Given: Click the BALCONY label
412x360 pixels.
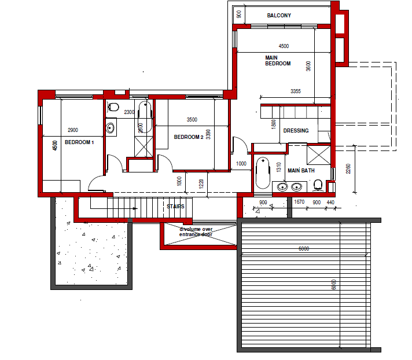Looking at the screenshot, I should [x=279, y=15].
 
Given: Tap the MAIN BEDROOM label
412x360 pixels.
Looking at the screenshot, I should [x=278, y=61].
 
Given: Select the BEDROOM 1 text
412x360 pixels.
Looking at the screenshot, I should [x=79, y=142].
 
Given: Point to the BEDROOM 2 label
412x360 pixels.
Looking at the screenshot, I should [x=189, y=137].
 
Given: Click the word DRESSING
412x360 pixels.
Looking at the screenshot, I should [x=296, y=131].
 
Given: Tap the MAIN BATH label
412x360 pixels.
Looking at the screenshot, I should [x=301, y=171].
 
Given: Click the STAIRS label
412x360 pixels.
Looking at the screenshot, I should [x=175, y=206].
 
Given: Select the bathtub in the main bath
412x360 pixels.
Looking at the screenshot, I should [x=263, y=172].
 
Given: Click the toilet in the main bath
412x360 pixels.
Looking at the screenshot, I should [x=318, y=185].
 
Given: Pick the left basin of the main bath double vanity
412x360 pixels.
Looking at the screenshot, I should [x=282, y=187].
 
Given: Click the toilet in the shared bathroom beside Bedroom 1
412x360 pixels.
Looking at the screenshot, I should [x=113, y=107].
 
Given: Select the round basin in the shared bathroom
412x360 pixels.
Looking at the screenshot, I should [x=111, y=128].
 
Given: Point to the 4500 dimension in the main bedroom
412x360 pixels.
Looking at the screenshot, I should [x=284, y=46].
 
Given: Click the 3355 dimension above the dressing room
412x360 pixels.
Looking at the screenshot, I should [x=295, y=91].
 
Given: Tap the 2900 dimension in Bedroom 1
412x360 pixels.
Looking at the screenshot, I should [x=73, y=130].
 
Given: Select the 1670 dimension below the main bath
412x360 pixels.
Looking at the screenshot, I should [x=299, y=202].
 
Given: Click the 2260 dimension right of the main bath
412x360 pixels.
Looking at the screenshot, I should [x=347, y=168].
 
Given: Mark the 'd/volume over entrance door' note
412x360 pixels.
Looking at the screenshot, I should [x=197, y=232].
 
